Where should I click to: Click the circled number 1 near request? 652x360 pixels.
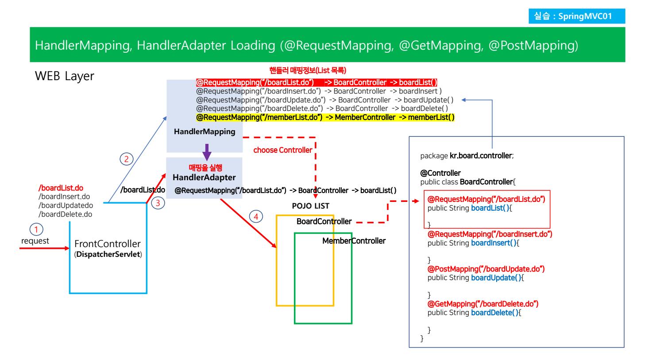point(36,229)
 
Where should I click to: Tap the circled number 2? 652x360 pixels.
point(127,159)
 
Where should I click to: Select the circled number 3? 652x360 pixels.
point(158,203)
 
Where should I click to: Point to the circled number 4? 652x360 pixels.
point(256,217)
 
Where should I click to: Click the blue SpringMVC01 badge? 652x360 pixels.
point(576,16)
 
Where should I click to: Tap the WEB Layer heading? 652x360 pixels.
point(65,76)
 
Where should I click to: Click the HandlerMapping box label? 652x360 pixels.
point(204,132)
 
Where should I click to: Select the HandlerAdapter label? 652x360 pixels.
point(204,178)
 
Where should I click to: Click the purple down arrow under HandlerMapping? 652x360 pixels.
point(207,152)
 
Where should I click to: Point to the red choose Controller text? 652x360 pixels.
point(282,150)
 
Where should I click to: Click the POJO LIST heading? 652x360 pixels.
point(310,206)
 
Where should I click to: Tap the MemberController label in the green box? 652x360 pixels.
point(354,241)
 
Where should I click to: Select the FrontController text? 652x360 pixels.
point(108,244)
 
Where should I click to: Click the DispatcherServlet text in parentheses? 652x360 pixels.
point(108,255)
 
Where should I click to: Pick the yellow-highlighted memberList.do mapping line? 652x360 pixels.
point(325,117)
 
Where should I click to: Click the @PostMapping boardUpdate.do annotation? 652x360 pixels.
point(486,269)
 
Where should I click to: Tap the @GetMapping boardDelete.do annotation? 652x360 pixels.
point(482,304)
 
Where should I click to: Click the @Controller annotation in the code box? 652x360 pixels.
point(440,173)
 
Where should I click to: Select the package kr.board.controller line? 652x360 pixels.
point(467,156)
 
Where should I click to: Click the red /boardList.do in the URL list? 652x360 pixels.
point(61,188)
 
